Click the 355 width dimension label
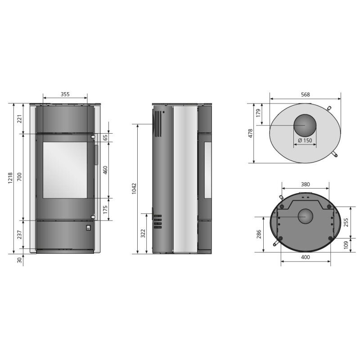pos(65,94)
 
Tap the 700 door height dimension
pos(19,177)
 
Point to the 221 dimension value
pos(19,119)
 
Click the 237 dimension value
pos(19,236)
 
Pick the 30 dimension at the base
pos(19,260)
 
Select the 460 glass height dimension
pos(105,170)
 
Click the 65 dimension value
pos(105,138)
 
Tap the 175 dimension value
pos(105,209)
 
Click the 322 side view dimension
pos(143,233)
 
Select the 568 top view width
pos(305,94)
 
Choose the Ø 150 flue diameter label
pos(305,140)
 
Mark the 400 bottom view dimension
pos(305,257)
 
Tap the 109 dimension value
pos(346,244)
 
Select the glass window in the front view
pos(65,170)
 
